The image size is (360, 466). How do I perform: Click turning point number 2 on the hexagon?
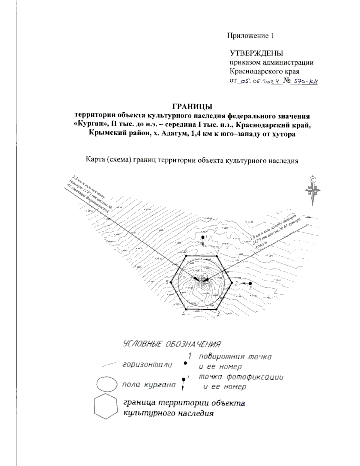(236, 283)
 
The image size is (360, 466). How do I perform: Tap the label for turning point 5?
(167, 282)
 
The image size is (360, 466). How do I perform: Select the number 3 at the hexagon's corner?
(218, 314)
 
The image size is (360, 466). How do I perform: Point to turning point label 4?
(183, 314)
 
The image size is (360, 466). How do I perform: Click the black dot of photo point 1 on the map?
(203, 237)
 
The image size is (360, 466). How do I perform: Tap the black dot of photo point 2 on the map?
(250, 283)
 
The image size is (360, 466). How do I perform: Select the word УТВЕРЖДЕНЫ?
(256, 53)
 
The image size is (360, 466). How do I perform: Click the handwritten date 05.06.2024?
(260, 81)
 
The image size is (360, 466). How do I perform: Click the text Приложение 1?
(250, 36)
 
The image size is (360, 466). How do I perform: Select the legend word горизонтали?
(147, 365)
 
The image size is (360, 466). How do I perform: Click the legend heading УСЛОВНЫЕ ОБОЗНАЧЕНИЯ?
(172, 344)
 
